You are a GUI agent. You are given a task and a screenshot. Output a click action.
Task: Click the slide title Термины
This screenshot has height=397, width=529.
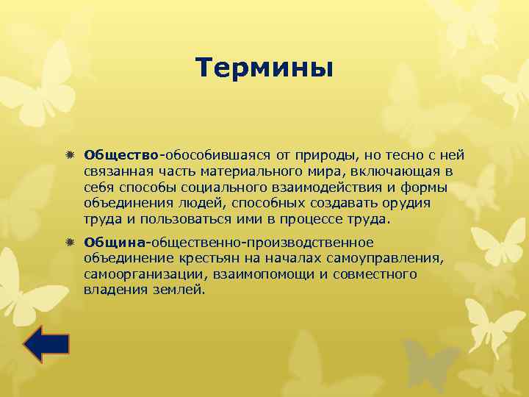click(264, 68)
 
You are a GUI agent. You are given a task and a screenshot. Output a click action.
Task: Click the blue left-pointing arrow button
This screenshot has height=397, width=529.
click(46, 344)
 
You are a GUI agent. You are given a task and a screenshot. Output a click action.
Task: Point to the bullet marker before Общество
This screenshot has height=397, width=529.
click(71, 155)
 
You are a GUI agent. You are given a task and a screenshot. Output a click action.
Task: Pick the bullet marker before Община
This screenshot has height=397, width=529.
click(71, 243)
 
